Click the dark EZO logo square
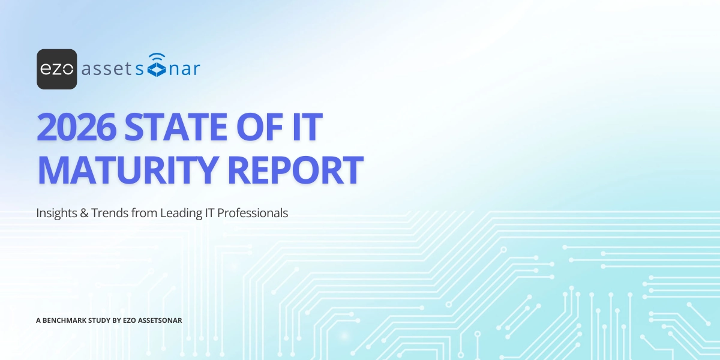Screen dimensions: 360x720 pyautogui.click(x=56, y=69)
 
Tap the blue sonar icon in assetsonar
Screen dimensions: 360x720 pyautogui.click(x=157, y=67)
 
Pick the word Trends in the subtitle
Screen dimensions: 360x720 pyautogui.click(x=107, y=213)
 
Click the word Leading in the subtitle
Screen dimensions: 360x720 pyautogui.click(x=178, y=213)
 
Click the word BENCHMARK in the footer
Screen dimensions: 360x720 pyautogui.click(x=65, y=320)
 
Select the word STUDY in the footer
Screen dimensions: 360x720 pyautogui.click(x=99, y=320)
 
